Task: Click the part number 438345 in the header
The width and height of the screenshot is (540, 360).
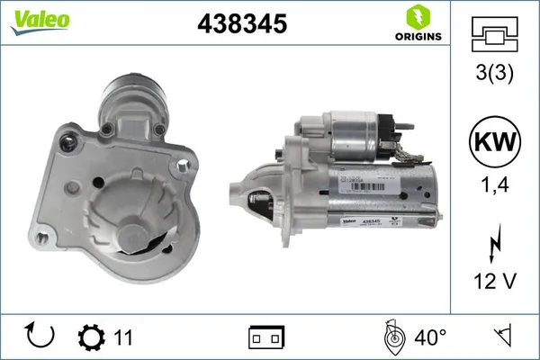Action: pyautogui.click(x=240, y=24)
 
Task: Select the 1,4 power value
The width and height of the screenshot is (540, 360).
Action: pyautogui.click(x=495, y=187)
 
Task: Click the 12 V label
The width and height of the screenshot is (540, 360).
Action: pyautogui.click(x=495, y=282)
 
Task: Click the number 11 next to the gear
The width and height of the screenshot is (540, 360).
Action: pyautogui.click(x=123, y=337)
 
